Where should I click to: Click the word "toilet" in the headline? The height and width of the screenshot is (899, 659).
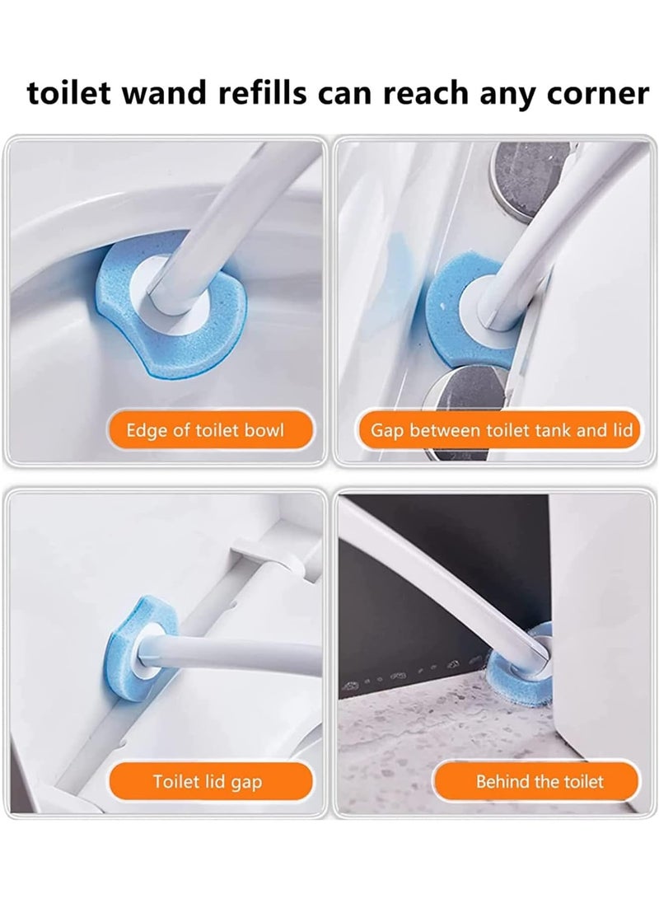coord(69,93)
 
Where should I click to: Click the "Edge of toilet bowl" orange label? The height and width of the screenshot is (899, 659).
coord(204,430)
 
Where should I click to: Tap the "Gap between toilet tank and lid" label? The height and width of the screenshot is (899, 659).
coord(500,430)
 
